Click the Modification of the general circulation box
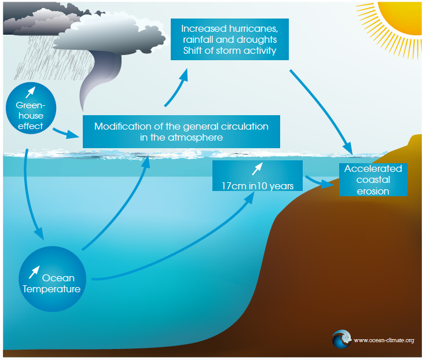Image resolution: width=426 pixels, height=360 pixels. tap(181, 132)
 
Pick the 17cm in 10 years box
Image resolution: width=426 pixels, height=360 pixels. tap(258, 178)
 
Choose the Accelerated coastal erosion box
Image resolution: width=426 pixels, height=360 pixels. tap(373, 179)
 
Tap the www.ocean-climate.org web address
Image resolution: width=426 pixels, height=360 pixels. tap(383, 340)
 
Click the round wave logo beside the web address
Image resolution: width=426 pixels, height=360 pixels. tap(341, 339)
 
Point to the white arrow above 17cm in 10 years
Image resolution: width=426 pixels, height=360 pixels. tap(257, 168)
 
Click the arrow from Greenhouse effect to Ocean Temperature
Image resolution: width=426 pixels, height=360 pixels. tap(29, 191)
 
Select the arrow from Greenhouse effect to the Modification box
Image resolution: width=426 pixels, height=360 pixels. tap(65, 134)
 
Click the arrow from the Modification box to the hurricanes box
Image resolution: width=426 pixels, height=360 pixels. tap(177, 87)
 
